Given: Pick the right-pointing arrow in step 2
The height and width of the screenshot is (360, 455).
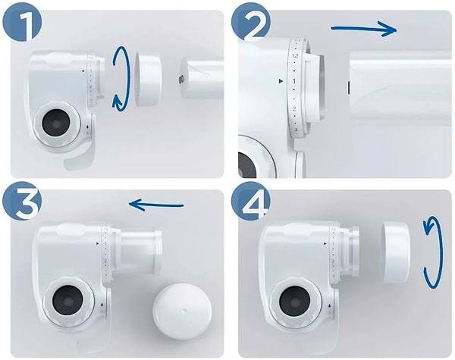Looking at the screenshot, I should [x=364, y=30].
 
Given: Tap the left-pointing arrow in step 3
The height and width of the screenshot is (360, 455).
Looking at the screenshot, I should [x=156, y=203].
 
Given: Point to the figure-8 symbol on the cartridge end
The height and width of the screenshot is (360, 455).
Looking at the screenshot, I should [x=181, y=79].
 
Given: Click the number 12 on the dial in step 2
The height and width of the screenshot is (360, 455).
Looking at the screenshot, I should [x=297, y=55].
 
